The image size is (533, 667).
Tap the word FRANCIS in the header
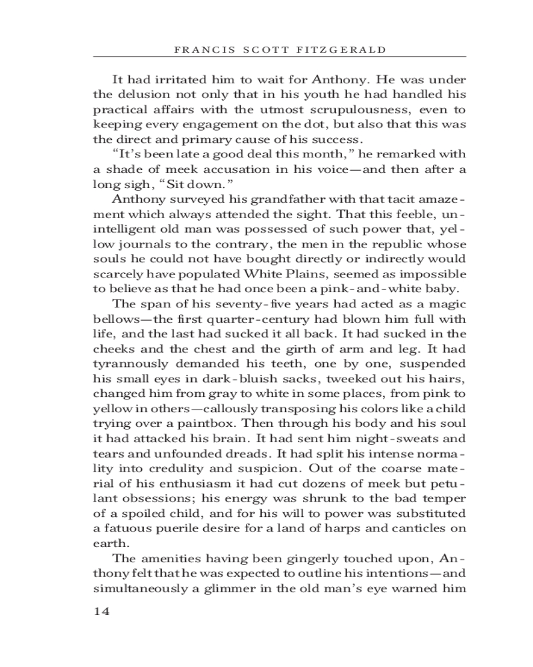pyautogui.click(x=197, y=49)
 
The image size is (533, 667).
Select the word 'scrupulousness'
pyautogui.click(x=358, y=109)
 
